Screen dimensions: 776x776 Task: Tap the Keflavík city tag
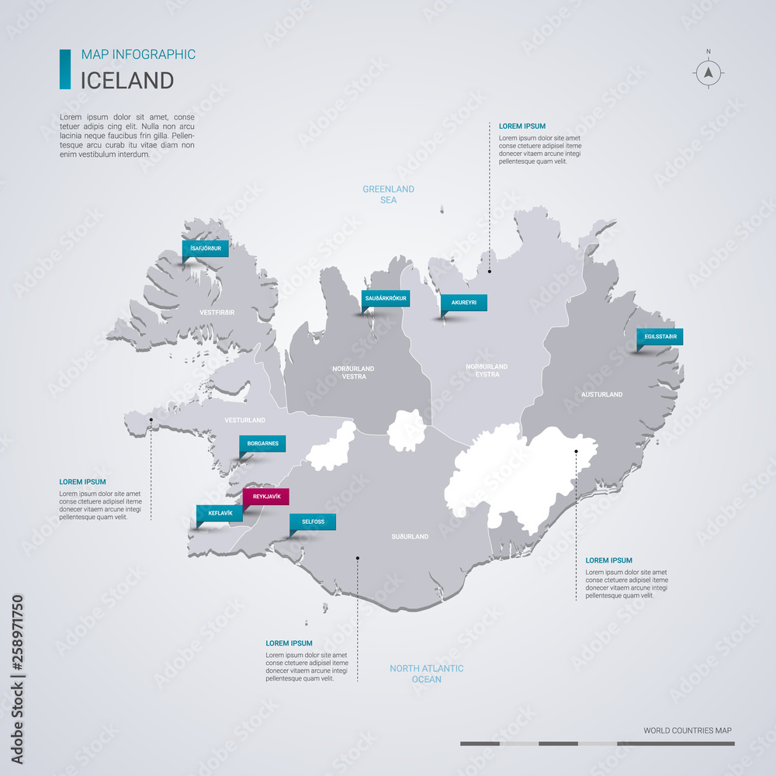pos(220,513)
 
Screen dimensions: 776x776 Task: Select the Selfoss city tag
pos(313,522)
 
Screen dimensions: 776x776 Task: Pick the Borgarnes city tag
pos(262,444)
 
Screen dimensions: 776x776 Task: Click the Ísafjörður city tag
pos(206,249)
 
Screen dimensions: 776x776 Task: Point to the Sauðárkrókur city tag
pos(386,298)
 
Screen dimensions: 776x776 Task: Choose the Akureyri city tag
pos(463,303)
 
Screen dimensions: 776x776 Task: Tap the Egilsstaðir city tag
pos(660,337)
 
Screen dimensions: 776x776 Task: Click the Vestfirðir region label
pos(217,311)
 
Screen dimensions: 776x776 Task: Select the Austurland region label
pos(601,394)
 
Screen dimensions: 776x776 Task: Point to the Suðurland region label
pos(410,536)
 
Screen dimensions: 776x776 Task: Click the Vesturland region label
pos(245,420)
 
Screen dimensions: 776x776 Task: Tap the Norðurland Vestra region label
pos(353,372)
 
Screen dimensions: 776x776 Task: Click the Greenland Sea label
pos(389,194)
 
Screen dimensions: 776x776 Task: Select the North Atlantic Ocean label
pos(427,674)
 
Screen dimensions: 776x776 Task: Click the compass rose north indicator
pos(708,72)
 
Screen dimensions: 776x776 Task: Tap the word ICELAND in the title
pos(127,80)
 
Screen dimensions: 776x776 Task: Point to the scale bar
pos(597,743)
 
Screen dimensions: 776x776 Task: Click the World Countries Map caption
pos(687,730)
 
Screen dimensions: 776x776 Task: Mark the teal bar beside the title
pos(65,69)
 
